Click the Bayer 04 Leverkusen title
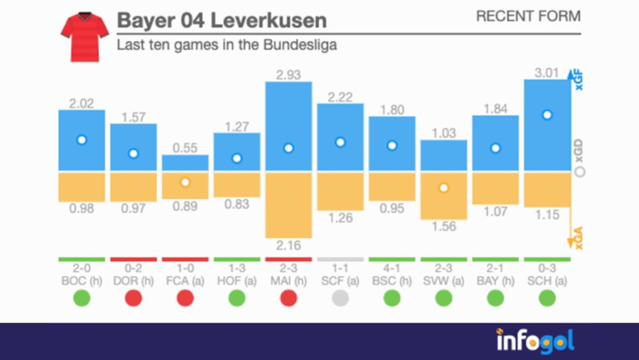coord(221,20)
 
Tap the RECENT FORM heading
coord(528,16)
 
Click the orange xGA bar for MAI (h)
coord(289,203)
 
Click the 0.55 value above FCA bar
coord(185,147)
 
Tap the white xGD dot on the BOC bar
coord(82,140)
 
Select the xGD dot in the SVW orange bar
coord(444,188)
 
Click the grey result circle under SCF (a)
coord(340,298)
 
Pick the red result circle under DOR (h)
coord(133,298)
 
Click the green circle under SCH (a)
coord(547,298)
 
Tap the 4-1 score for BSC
coord(392,268)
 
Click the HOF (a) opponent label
coord(237,279)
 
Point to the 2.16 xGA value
coord(289,246)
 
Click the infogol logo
coord(534,340)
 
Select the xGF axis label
coord(579,81)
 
